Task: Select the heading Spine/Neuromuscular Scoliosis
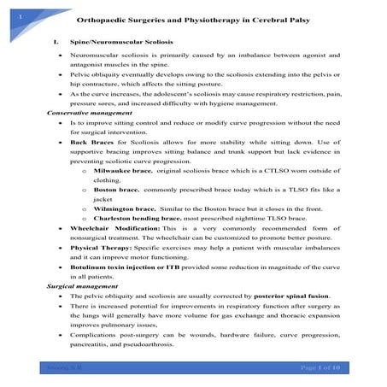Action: (x=120, y=40)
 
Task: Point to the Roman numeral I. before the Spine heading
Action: (x=54, y=40)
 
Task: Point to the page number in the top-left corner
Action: (x=8, y=7)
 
